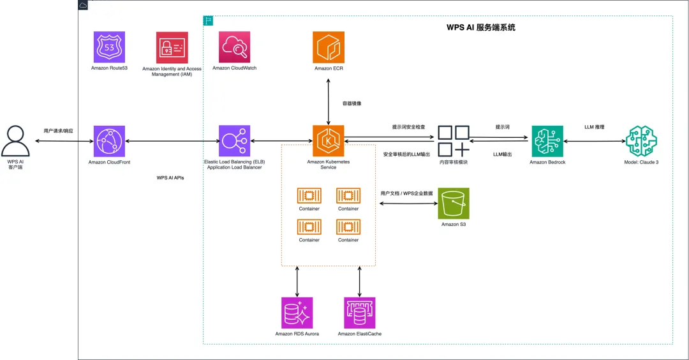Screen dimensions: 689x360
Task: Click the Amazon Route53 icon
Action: (109, 47)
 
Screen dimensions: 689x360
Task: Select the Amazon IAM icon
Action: (172, 47)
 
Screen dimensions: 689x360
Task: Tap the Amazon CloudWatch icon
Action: (234, 47)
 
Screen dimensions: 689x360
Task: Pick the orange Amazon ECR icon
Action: (329, 47)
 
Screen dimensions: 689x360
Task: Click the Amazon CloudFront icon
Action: (109, 141)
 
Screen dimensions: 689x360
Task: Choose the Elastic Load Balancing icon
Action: (234, 141)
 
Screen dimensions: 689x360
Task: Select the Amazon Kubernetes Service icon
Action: (329, 141)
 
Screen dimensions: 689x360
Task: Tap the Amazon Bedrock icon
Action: (547, 141)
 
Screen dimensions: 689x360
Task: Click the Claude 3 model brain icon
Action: (642, 141)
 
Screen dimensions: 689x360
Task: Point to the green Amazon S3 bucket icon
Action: (454, 204)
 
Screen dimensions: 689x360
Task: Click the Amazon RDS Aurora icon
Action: (297, 313)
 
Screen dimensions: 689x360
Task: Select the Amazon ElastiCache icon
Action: (359, 313)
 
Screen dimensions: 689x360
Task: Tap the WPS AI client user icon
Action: (15, 141)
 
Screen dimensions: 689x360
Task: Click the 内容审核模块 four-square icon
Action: (454, 141)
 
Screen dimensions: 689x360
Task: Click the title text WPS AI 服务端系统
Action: (481, 27)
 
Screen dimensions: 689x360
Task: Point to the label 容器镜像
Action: (352, 104)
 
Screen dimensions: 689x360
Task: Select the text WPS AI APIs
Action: (170, 178)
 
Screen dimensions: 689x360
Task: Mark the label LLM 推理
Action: (595, 127)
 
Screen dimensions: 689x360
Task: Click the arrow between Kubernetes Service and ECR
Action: (329, 102)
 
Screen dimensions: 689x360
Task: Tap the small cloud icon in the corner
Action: (82, 5)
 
